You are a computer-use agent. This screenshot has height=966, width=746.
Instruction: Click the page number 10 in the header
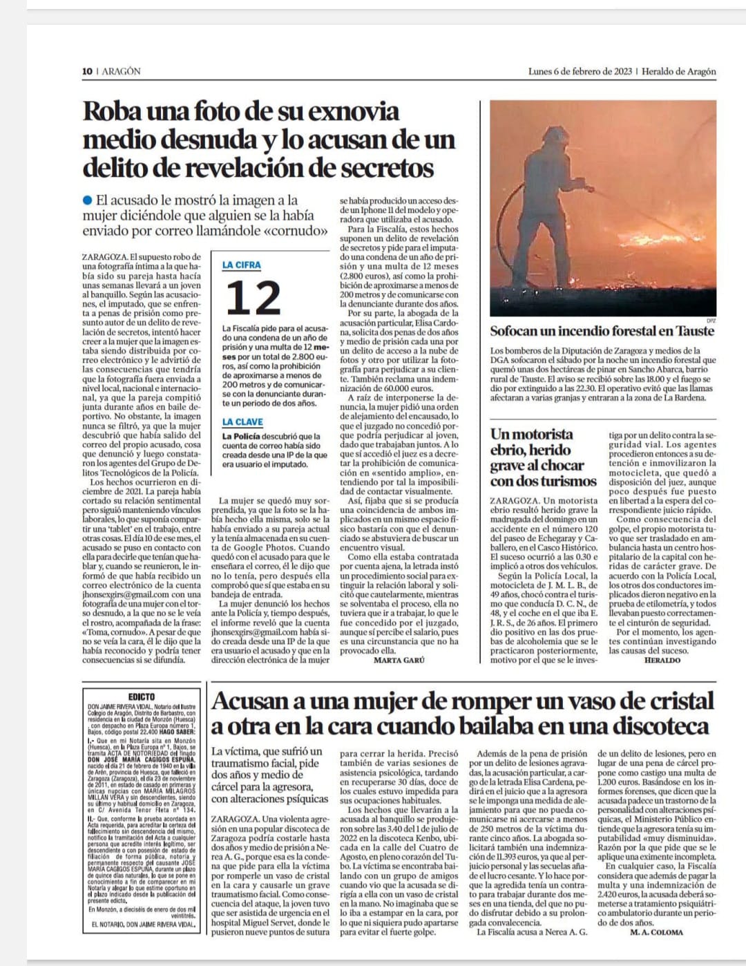87,71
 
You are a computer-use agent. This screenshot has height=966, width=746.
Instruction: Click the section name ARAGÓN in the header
122,71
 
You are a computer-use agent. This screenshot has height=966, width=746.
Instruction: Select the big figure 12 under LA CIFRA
253,298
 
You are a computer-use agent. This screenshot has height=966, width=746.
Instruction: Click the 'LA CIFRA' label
242,265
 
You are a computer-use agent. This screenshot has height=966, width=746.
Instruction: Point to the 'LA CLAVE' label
242,422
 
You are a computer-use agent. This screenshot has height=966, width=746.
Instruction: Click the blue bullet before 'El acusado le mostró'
87,200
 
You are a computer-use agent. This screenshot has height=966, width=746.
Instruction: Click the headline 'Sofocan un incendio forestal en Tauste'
602,330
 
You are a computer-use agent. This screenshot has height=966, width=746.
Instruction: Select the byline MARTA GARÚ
399,660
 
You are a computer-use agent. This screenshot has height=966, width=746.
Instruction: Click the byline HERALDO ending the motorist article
662,660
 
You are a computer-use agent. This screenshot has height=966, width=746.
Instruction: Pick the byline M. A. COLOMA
656,932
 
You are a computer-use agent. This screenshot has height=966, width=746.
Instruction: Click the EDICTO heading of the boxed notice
142,697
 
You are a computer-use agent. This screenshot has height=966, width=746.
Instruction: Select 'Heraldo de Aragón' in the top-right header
679,71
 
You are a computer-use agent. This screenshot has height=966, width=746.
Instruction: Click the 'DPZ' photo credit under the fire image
711,320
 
